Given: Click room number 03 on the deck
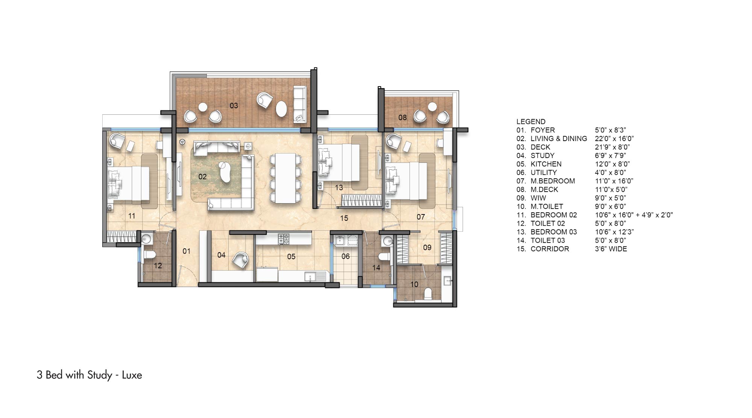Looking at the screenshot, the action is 234,106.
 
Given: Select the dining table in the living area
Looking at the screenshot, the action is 285,178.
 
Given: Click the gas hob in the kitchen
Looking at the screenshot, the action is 283,238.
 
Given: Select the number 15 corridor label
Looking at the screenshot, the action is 344,218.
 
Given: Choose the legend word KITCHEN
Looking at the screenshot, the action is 546,164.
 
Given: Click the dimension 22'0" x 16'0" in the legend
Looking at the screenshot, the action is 614,138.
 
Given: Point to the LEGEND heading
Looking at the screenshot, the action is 531,122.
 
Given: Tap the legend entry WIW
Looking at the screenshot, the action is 538,198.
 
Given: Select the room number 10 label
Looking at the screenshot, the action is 414,284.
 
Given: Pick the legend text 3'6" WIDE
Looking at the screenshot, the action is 611,249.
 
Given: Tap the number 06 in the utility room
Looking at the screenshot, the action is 346,257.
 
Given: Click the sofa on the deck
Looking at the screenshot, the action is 300,104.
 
